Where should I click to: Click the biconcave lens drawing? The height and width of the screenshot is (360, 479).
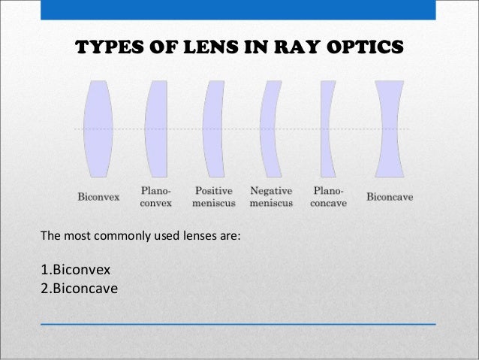(x=390, y=129)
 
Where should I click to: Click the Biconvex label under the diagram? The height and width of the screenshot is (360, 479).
(x=99, y=198)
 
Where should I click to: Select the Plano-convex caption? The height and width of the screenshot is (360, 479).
(x=156, y=197)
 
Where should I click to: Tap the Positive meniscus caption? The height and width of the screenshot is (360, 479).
(x=214, y=197)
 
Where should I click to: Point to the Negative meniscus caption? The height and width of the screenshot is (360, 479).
(x=271, y=197)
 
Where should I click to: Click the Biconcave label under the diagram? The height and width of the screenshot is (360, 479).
(x=390, y=198)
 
